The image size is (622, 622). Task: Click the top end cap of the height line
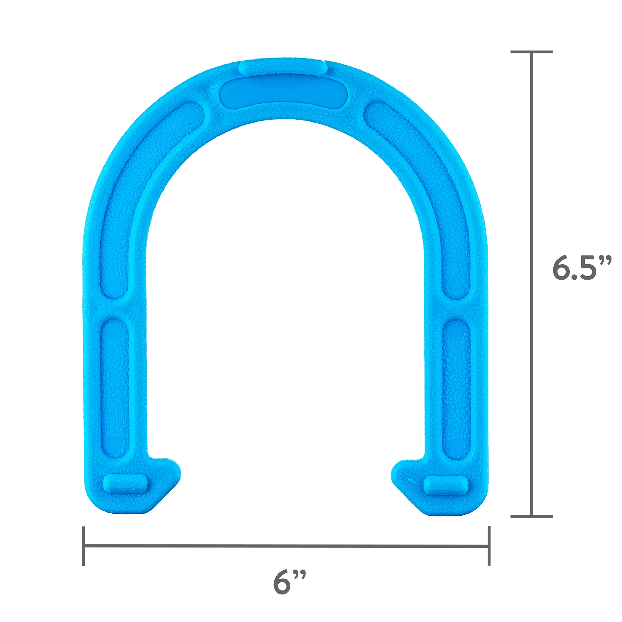click(x=532, y=52)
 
